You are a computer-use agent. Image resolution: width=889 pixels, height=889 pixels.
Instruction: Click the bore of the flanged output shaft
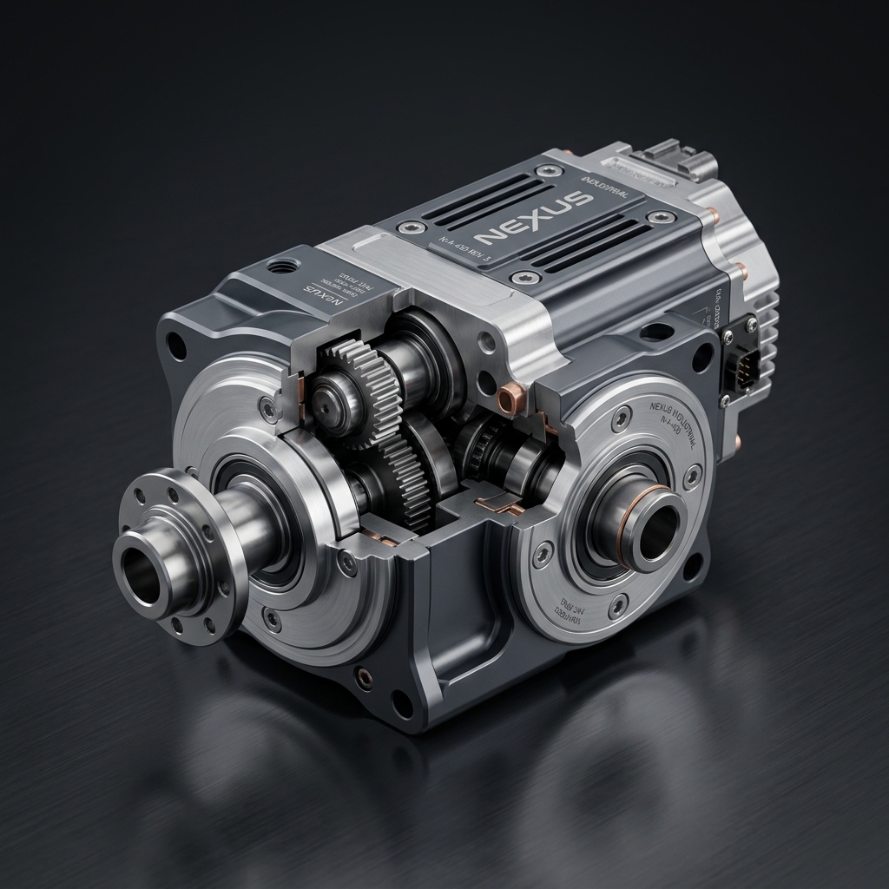(x=142, y=576)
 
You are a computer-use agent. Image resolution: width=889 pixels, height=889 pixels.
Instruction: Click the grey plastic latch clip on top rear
(x=677, y=157)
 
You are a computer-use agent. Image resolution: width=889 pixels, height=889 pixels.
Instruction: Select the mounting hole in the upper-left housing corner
(x=176, y=346)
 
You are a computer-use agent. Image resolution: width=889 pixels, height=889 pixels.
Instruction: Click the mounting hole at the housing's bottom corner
(x=401, y=703)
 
